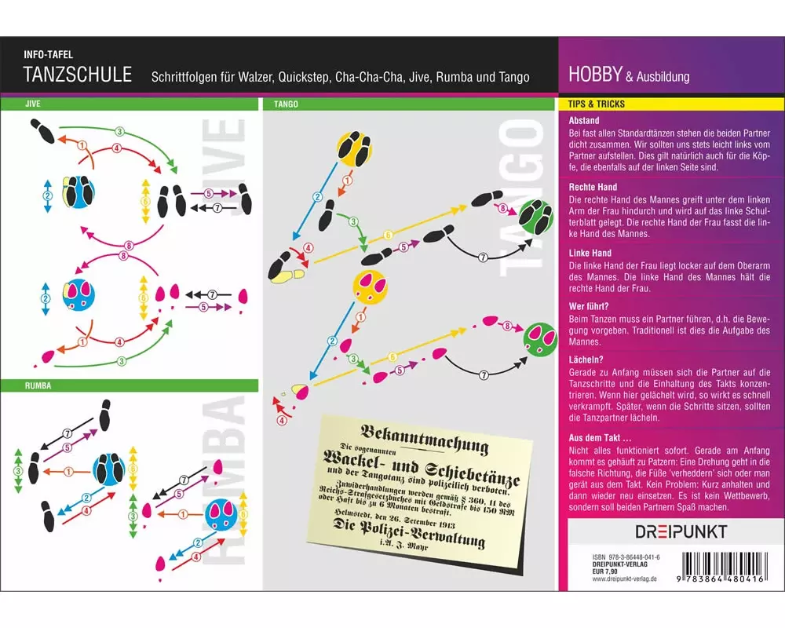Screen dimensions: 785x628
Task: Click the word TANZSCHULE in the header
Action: pos(78,74)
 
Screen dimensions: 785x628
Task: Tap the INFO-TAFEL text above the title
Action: pos(48,55)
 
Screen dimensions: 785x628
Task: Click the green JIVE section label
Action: pos(32,104)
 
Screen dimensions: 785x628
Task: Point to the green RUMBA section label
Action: pos(38,385)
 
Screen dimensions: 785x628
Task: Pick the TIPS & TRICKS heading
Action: pos(597,104)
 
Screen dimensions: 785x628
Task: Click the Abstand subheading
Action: pos(584,121)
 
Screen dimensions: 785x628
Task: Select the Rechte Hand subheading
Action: pos(593,188)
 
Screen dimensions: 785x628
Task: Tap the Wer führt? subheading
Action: pos(589,306)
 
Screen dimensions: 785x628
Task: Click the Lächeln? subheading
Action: pos(586,360)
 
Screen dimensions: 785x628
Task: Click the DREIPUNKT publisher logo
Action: pos(681,531)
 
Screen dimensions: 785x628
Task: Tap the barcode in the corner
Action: pos(723,567)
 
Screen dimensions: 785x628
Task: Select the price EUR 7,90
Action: pos(604,571)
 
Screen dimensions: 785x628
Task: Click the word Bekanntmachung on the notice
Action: pos(424,438)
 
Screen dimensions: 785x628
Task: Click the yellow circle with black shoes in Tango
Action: pos(354,148)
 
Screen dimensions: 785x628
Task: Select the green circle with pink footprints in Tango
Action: pos(540,339)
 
